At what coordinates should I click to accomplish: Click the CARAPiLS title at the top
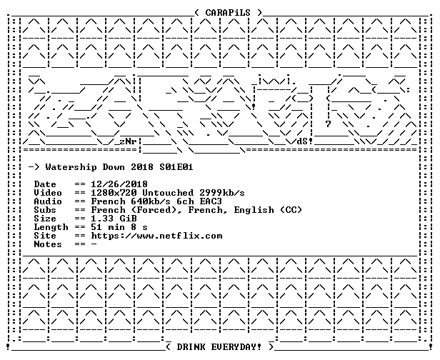tap(228, 13)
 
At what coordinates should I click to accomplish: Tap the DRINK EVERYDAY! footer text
tap(219, 347)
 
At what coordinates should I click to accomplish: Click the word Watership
tap(71, 168)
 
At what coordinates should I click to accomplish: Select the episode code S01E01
tap(176, 167)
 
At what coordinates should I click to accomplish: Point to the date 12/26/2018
tap(119, 184)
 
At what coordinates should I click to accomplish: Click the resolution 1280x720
tap(114, 193)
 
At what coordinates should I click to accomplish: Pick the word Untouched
tap(168, 193)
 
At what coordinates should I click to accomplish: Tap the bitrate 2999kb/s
tap(222, 193)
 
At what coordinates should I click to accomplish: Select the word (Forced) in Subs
tap(156, 210)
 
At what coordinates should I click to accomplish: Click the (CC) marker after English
tap(291, 210)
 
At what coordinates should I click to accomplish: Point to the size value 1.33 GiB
tap(114, 219)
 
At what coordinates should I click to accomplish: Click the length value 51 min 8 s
tap(119, 227)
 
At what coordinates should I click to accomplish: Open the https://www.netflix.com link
tap(156, 236)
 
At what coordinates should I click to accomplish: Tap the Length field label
tap(51, 227)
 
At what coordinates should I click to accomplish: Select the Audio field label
tap(48, 201)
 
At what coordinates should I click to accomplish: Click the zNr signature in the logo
tap(129, 141)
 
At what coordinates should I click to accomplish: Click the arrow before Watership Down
tap(34, 168)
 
